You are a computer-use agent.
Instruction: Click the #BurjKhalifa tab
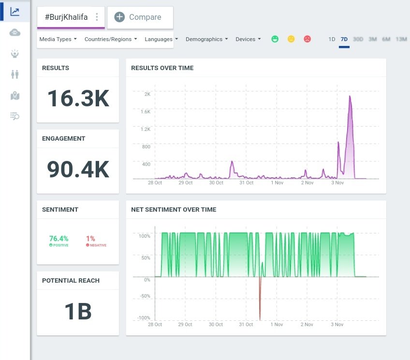coord(66,17)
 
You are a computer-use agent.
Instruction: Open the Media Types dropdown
coord(58,39)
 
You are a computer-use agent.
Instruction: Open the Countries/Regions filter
coord(110,39)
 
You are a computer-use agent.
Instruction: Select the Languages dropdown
coord(161,39)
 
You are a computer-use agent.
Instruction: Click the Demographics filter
coord(206,39)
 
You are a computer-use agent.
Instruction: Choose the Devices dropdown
coord(248,39)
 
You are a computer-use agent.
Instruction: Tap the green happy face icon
coord(275,39)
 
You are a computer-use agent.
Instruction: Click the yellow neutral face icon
coord(291,39)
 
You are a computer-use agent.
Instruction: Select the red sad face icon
coord(307,39)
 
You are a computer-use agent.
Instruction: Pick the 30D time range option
coord(358,39)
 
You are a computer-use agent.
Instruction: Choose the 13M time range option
coord(401,39)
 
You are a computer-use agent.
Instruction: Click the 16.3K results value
coord(78,99)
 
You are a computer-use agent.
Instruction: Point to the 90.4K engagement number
coord(78,169)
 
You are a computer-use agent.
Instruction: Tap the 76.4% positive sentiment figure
coord(59,238)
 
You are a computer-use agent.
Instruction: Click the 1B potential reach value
coord(78,311)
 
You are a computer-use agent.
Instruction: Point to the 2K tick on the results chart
coord(147,94)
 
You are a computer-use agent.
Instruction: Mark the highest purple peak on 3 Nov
coord(350,96)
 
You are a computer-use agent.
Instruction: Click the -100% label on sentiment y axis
coord(144,318)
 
